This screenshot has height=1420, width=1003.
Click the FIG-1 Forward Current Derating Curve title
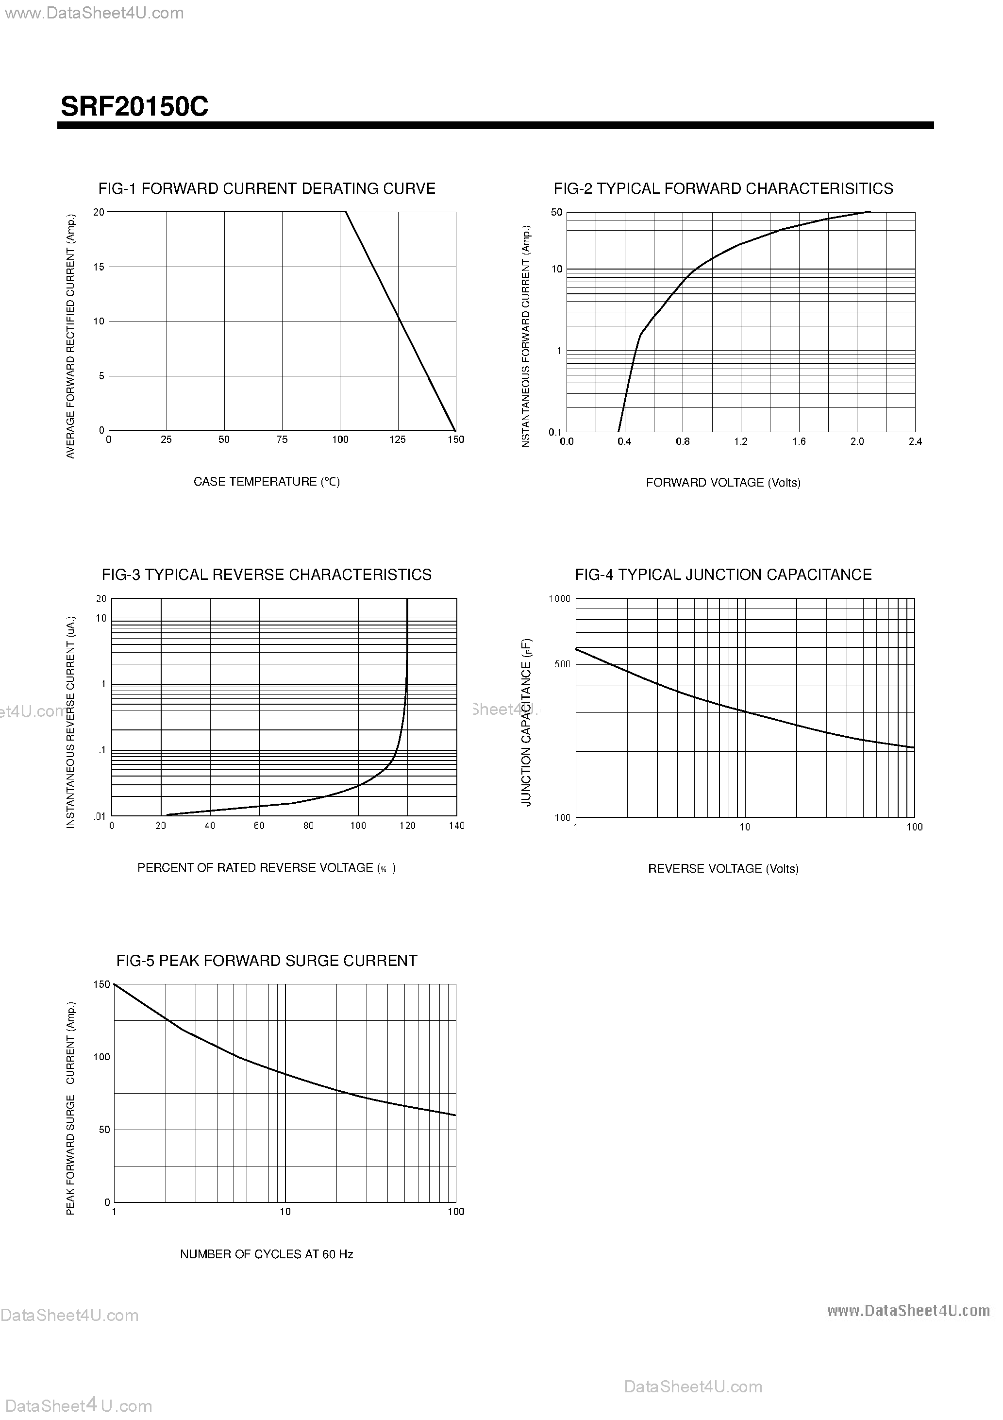point(267,188)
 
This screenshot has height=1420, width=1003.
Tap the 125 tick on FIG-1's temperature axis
point(398,440)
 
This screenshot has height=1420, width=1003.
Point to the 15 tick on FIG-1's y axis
point(99,267)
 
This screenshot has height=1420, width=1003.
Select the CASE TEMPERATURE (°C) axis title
point(267,482)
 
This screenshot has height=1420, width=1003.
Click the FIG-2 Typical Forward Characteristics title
point(723,188)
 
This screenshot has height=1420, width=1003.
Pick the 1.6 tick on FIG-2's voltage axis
point(799,441)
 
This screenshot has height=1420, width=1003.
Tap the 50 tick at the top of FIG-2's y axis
point(556,213)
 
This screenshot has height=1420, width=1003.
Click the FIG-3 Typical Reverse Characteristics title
point(267,575)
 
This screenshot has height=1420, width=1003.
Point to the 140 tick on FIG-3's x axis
point(456,826)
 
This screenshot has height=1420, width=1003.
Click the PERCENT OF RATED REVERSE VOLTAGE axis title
point(267,868)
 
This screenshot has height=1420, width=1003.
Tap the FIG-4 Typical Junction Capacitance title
point(723,575)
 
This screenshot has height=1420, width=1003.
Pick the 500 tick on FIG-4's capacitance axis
point(562,664)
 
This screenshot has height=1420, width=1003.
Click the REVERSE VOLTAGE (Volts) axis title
point(723,869)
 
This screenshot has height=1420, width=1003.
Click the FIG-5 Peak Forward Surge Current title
point(267,961)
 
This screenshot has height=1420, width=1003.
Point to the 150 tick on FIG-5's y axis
point(101,984)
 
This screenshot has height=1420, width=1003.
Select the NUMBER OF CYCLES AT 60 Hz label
point(267,1254)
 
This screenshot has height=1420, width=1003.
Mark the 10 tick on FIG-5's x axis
point(285,1212)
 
